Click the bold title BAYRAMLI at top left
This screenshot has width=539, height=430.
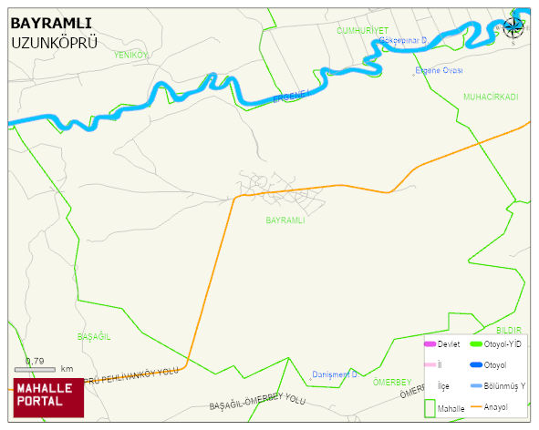pyautogui.click(x=50, y=23)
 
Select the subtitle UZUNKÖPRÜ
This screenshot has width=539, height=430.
pyautogui.click(x=54, y=43)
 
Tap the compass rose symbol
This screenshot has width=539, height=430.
pyautogui.click(x=513, y=26)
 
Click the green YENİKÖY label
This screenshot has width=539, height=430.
pyautogui.click(x=130, y=55)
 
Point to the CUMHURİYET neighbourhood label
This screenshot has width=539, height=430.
pyautogui.click(x=362, y=30)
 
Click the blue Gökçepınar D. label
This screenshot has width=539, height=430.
pyautogui.click(x=403, y=41)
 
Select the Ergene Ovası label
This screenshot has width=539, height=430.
pyautogui.click(x=439, y=70)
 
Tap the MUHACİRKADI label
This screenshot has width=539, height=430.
pyautogui.click(x=490, y=97)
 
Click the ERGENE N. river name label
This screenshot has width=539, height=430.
pyautogui.click(x=293, y=95)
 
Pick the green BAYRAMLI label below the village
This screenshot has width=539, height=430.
pyautogui.click(x=285, y=220)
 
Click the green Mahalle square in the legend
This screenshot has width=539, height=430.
pyautogui.click(x=430, y=408)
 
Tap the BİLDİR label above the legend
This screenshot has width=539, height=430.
pyautogui.click(x=508, y=329)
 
